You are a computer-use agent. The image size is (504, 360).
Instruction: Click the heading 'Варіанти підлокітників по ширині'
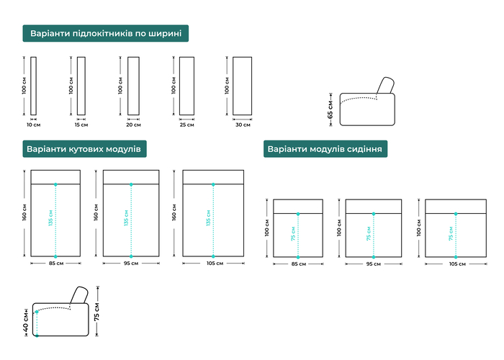point(106,33)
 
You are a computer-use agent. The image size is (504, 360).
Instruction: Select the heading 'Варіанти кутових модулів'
point(84,149)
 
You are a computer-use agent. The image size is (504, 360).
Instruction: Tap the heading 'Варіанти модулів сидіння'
point(325,149)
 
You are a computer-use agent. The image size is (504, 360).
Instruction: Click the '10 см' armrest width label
point(33,125)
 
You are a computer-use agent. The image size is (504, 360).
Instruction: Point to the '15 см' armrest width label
point(81,125)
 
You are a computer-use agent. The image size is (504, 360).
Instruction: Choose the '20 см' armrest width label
point(133,125)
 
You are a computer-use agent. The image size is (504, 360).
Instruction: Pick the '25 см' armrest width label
point(186,125)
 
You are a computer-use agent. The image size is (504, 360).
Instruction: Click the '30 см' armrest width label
point(243,125)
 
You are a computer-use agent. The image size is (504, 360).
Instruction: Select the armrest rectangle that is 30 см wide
point(243,86)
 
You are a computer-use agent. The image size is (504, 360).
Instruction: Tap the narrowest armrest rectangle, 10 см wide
point(33,86)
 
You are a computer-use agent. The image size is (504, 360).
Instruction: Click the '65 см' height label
point(330,109)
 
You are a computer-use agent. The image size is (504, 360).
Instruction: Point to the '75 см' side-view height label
point(96,312)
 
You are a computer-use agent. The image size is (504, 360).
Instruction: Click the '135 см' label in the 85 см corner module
point(50,217)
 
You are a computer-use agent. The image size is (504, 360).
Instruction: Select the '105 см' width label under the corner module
point(215,264)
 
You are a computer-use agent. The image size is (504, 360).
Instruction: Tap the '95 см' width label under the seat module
point(374,264)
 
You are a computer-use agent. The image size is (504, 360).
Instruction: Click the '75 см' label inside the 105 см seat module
point(451,234)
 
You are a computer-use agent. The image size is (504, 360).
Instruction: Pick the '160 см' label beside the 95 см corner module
point(96,212)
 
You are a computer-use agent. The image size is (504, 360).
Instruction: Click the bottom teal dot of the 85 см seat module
point(298,257)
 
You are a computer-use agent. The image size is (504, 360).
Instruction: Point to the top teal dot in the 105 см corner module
point(213,184)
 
